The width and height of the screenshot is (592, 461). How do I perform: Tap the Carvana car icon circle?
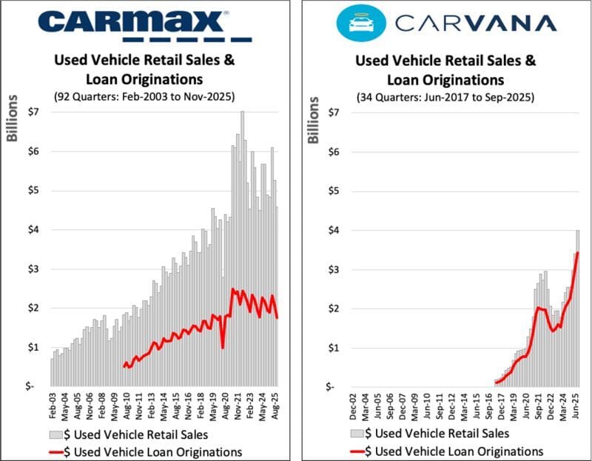[x=357, y=23]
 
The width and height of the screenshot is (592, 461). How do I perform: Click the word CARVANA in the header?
[x=476, y=23]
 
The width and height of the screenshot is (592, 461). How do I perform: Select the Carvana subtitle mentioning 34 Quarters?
[x=449, y=95]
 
